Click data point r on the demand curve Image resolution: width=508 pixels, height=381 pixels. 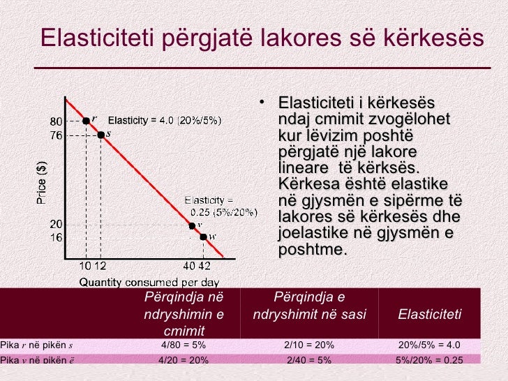[x=86, y=121]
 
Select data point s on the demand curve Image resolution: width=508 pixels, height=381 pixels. [x=100, y=134]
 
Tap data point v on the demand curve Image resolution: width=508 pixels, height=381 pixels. [x=191, y=225]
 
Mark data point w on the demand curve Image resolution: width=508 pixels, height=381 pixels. [x=203, y=237]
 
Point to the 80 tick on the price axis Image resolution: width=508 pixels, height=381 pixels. [x=56, y=121]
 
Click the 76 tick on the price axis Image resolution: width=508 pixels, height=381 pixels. [x=56, y=134]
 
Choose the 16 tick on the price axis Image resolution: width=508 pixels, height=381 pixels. [x=56, y=237]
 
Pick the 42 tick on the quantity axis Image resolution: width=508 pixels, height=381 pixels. [x=204, y=266]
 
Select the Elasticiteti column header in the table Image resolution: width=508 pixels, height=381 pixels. [x=429, y=315]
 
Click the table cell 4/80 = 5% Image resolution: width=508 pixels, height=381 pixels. [x=184, y=345]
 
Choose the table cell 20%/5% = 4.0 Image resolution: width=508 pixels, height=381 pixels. [x=430, y=345]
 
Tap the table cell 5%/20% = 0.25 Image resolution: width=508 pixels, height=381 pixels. [x=430, y=360]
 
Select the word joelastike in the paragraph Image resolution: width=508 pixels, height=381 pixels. [x=311, y=233]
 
